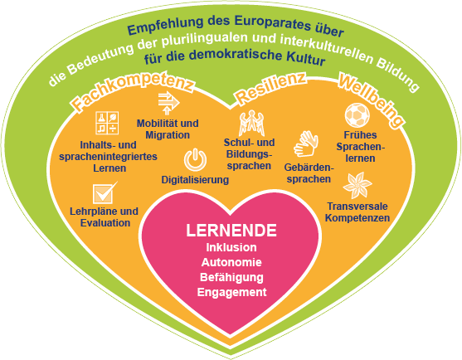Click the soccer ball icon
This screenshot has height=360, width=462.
pyautogui.click(x=357, y=115)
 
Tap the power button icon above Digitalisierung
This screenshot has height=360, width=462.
pyautogui.click(x=195, y=159)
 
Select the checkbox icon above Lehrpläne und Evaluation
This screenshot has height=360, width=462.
pyautogui.click(x=105, y=192)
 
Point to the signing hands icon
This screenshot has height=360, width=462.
pyautogui.click(x=306, y=144)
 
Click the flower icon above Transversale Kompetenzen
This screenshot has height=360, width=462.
pyautogui.click(x=357, y=186)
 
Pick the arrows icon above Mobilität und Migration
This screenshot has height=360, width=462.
pyautogui.click(x=168, y=103)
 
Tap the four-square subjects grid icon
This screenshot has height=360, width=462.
pyautogui.click(x=107, y=123)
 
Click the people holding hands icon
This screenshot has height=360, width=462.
pyautogui.click(x=251, y=123)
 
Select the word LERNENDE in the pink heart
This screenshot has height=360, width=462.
pyautogui.click(x=231, y=231)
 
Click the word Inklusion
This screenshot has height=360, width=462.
pyautogui.click(x=231, y=247)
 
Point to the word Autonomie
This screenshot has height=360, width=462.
pyautogui.click(x=231, y=262)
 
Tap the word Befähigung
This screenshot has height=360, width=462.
pyautogui.click(x=231, y=278)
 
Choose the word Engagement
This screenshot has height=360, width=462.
pyautogui.click(x=231, y=293)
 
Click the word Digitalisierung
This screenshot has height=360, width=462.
pyautogui.click(x=195, y=180)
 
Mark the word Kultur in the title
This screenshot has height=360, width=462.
pyautogui.click(x=306, y=58)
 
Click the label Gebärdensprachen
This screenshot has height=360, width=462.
pyautogui.click(x=309, y=173)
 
